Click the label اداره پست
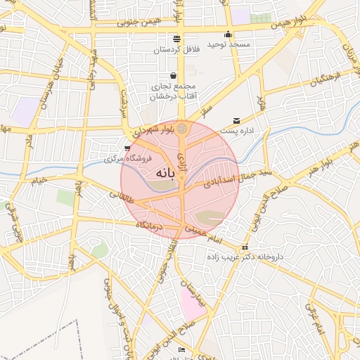point(236,131)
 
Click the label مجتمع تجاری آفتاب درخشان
point(173,89)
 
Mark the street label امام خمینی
point(203,235)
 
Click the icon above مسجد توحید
point(228,34)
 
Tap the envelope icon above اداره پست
point(236,121)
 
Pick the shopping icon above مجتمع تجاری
point(173,75)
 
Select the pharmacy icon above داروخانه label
point(245,247)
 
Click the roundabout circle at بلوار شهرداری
point(182,129)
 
